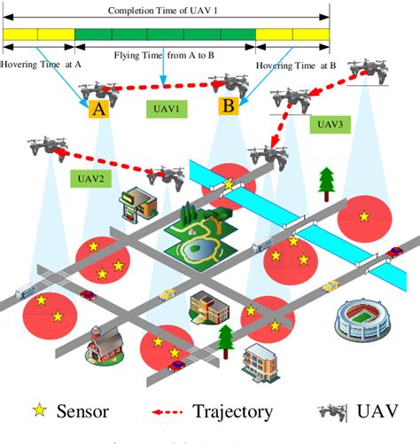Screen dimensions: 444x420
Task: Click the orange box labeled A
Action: [97, 110]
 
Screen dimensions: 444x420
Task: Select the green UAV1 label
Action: [164, 110]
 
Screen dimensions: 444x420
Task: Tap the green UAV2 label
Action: [89, 177]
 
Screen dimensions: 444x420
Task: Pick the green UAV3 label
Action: [329, 125]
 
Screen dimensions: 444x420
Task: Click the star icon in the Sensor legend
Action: [39, 410]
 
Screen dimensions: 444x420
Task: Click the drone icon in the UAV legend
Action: [336, 410]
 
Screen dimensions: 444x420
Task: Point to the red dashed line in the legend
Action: [170, 411]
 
